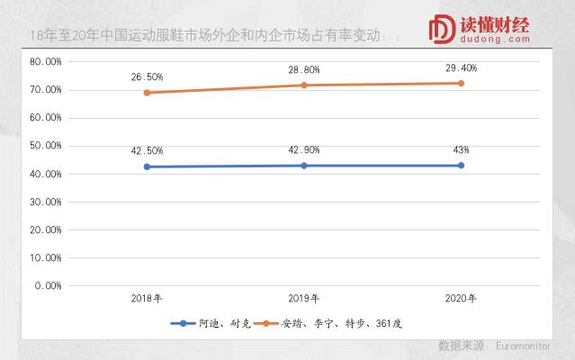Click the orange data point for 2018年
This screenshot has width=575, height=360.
[147, 93]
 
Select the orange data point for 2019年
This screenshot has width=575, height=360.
[304, 85]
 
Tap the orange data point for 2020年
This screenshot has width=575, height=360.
[462, 84]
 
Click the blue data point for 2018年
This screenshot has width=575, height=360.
[147, 166]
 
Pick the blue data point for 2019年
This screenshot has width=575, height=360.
[304, 166]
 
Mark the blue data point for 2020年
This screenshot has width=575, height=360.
[462, 166]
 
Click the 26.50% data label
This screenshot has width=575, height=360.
[148, 76]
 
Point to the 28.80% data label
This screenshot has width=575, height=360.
[304, 69]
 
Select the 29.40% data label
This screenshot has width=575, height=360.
[461, 67]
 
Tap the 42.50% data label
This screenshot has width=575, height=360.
[148, 150]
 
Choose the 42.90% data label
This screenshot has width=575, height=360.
[304, 149]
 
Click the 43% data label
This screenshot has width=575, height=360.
[461, 149]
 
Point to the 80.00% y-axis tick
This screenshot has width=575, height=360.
[45, 62]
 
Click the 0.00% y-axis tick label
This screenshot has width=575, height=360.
[48, 285]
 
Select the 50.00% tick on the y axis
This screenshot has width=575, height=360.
[45, 146]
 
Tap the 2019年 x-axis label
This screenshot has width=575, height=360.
[304, 298]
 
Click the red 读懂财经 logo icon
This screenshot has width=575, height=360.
[443, 28]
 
